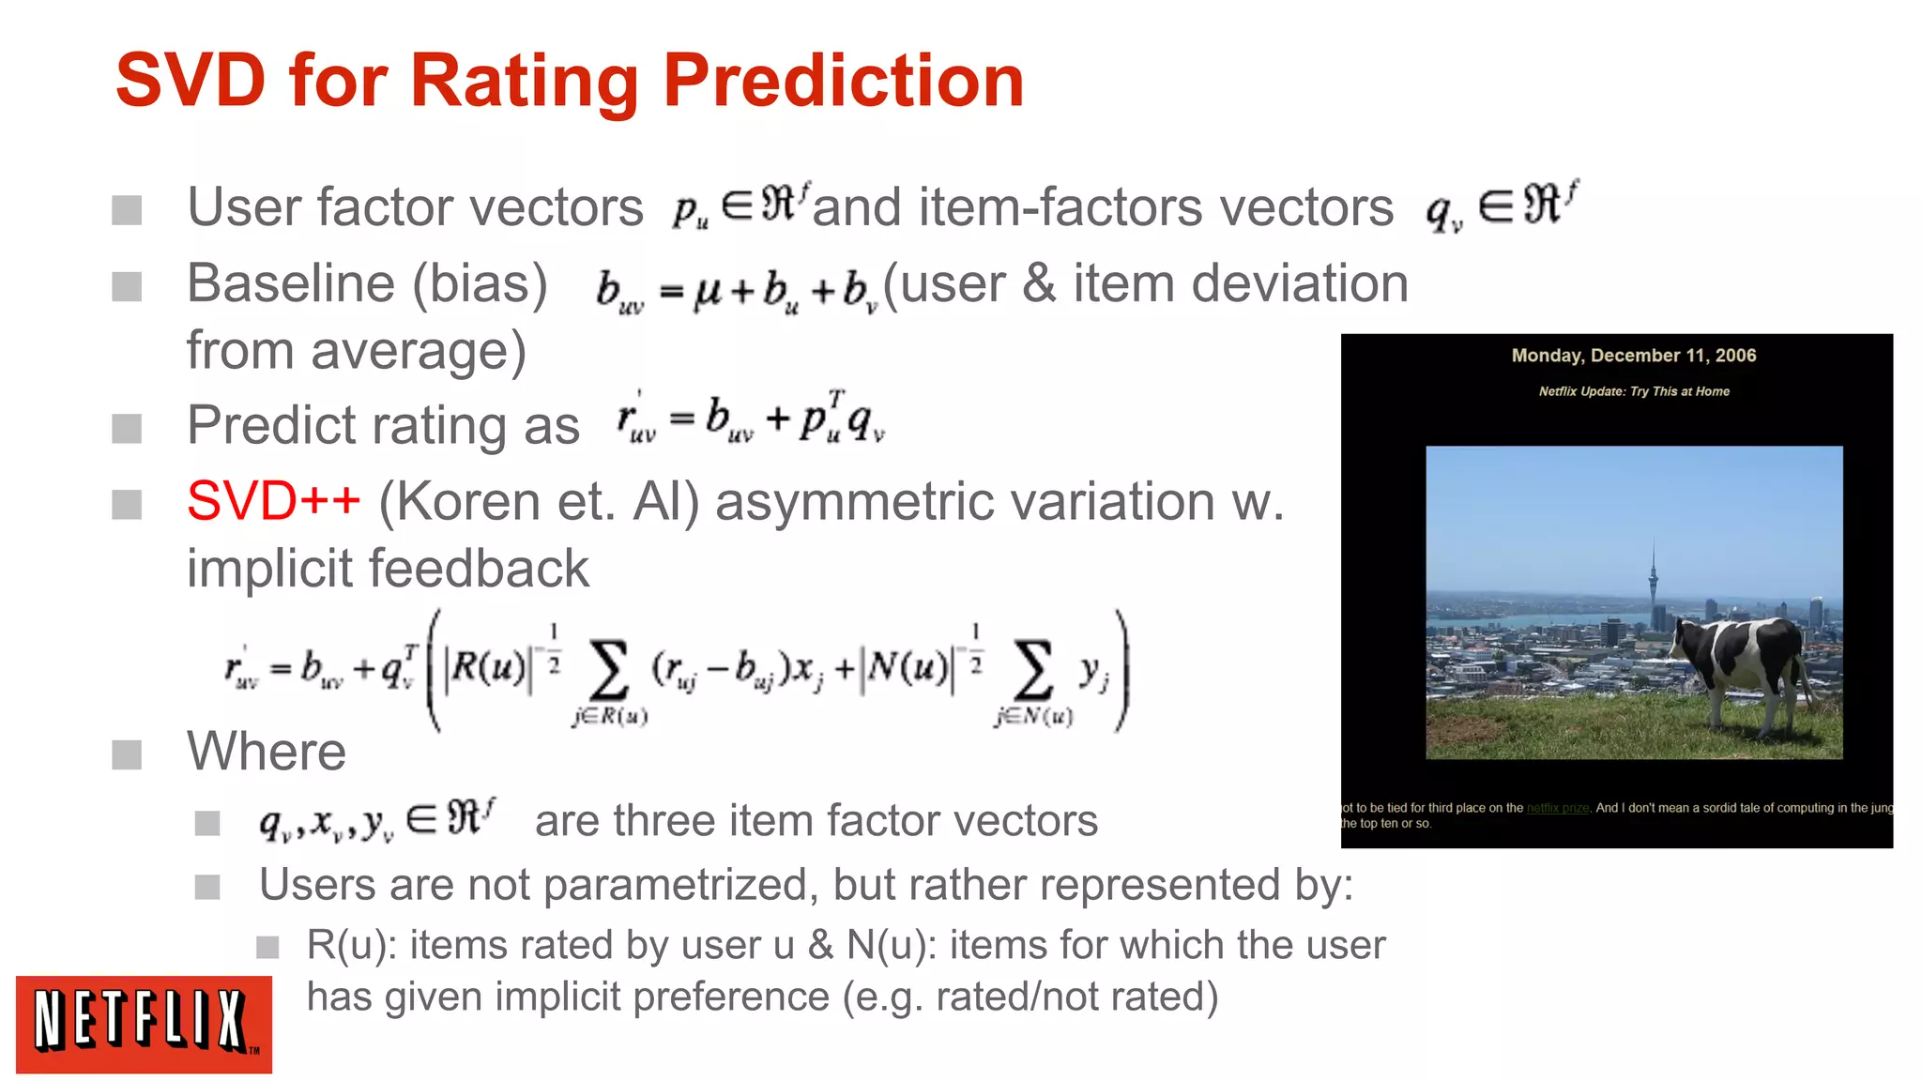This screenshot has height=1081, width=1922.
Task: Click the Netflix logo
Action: [144, 1024]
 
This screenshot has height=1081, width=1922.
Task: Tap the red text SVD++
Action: [273, 501]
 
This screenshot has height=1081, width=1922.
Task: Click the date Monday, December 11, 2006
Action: [1633, 356]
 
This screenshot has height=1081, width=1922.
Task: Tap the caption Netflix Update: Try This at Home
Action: [1633, 391]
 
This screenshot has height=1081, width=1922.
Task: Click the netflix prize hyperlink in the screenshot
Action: [1557, 808]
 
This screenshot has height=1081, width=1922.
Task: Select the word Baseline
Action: [290, 283]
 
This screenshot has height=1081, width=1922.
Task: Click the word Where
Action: [267, 752]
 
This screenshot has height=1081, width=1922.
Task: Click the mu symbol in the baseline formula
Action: [708, 292]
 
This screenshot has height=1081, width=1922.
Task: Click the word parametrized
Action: [680, 885]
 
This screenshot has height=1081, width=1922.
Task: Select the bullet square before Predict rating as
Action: [127, 428]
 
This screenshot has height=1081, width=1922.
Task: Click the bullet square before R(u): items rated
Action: [268, 947]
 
